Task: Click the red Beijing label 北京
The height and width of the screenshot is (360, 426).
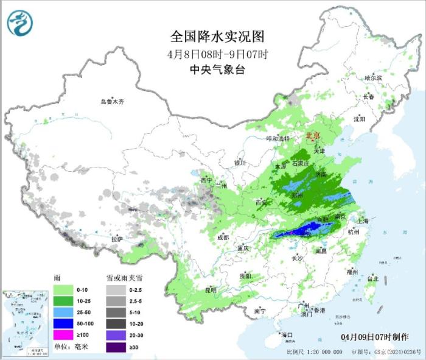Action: pos(312,135)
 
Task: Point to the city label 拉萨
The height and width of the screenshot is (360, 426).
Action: pos(117,239)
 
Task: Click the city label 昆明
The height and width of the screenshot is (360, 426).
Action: pos(210,289)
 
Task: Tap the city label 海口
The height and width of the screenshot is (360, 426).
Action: pos(287,334)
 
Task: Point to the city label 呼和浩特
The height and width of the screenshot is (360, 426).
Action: pos(281,138)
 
